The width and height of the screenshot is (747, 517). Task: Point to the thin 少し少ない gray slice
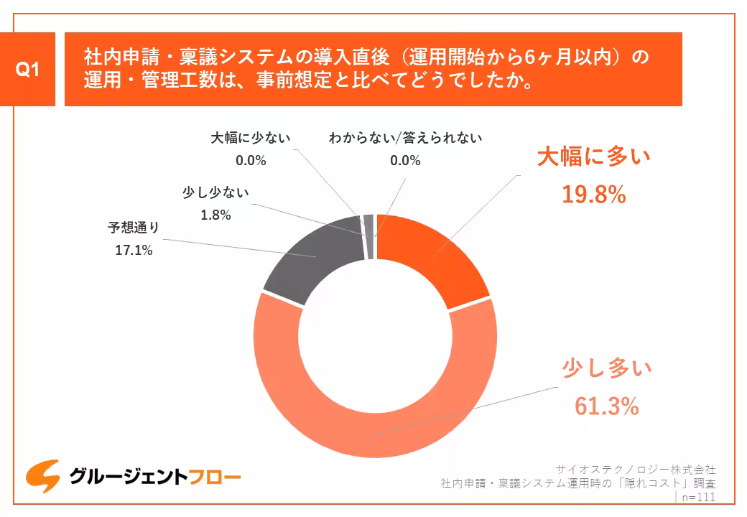tap(369, 226)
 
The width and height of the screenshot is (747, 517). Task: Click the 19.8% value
tap(593, 195)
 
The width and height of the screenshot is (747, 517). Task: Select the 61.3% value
tap(606, 407)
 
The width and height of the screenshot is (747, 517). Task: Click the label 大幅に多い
tap(593, 157)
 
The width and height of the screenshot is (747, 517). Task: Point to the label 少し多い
tap(606, 370)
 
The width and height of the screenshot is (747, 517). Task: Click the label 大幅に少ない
tap(251, 137)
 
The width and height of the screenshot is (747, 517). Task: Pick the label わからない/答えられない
tap(405, 137)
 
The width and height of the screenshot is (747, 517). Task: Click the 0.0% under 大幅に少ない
tap(251, 160)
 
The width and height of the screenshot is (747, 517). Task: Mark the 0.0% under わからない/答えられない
tap(405, 160)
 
